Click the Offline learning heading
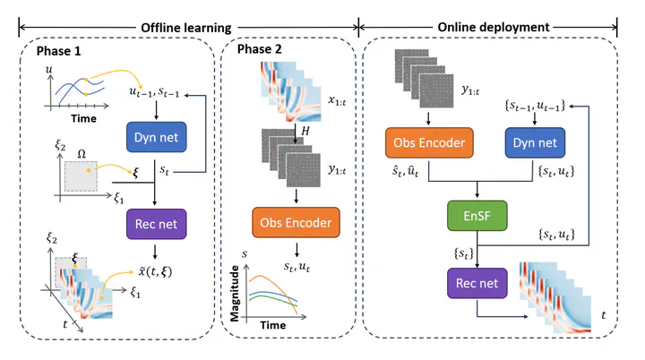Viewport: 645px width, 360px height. click(186, 28)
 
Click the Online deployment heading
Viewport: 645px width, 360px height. click(494, 27)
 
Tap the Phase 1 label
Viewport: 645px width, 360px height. click(58, 51)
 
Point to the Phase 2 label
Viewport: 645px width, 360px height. click(259, 49)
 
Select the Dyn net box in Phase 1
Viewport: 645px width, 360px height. click(156, 137)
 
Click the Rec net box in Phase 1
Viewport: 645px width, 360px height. click(156, 224)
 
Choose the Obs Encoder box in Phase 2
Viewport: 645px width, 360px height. click(296, 223)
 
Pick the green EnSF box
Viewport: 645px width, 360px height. click(477, 216)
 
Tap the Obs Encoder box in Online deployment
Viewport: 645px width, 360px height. click(429, 142)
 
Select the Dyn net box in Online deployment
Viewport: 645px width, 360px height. click(535, 142)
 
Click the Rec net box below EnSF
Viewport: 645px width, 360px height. click(477, 283)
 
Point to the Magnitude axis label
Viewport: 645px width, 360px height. click(235, 294)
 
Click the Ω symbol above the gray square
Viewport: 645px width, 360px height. click(82, 154)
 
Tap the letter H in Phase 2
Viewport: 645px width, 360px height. click(305, 132)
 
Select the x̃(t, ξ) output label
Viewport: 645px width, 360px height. click(155, 271)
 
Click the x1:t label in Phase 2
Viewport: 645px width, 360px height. click(337, 100)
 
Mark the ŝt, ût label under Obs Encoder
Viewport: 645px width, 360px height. click(405, 171)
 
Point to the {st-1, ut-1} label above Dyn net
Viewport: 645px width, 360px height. click(535, 106)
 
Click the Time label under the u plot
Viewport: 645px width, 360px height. click(83, 118)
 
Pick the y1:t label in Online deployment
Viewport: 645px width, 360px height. click(470, 90)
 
